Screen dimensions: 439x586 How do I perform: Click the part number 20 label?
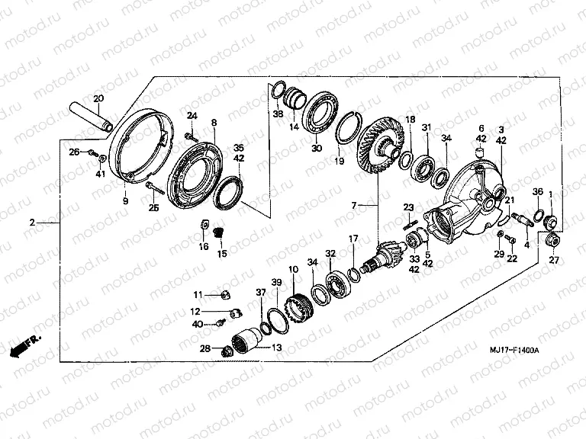[98, 98]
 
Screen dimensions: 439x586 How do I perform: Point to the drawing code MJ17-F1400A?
[514, 349]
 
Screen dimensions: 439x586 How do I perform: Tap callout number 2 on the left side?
[33, 223]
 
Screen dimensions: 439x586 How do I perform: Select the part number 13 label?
[275, 348]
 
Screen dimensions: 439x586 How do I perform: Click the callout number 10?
[294, 270]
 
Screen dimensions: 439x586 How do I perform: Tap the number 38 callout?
[278, 114]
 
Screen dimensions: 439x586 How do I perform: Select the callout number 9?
[126, 201]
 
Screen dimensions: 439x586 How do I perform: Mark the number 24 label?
[192, 116]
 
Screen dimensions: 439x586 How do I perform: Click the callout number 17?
[353, 239]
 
